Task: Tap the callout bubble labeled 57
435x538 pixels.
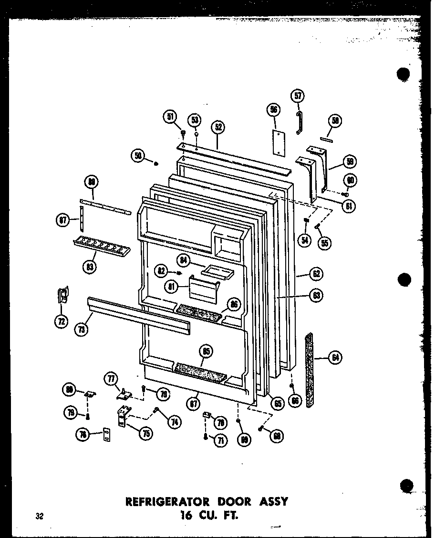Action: (297, 97)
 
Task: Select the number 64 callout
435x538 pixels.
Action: (336, 358)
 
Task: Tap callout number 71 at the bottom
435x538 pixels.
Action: (220, 441)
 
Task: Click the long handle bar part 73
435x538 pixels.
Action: (138, 314)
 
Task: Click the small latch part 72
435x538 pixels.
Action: (62, 296)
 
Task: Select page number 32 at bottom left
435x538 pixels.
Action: (39, 516)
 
